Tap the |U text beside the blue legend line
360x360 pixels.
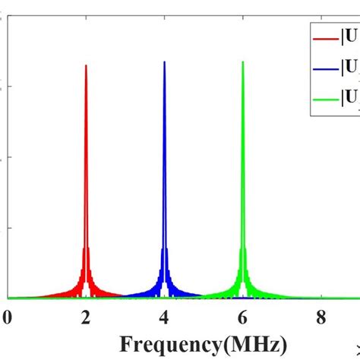(x=350, y=67)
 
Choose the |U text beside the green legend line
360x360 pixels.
(x=350, y=96)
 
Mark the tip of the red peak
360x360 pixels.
(x=86, y=65)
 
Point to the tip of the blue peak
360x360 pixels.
(x=164, y=62)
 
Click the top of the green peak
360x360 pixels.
(x=243, y=62)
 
